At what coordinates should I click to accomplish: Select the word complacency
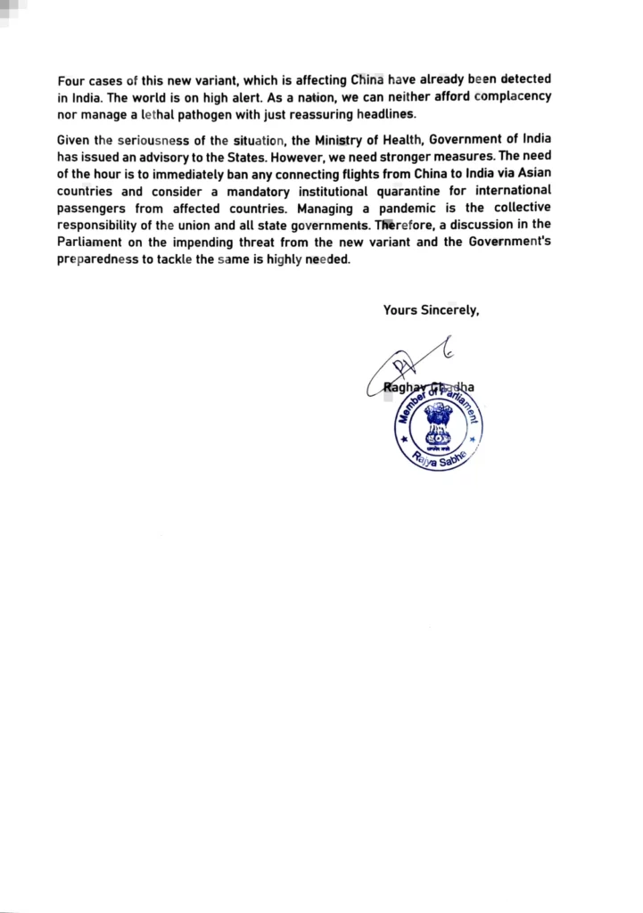click(512, 96)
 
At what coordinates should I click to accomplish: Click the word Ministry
click(340, 140)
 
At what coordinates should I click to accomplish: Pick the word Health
click(400, 140)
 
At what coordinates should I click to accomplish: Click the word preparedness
click(97, 259)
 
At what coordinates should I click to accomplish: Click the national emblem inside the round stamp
click(438, 424)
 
